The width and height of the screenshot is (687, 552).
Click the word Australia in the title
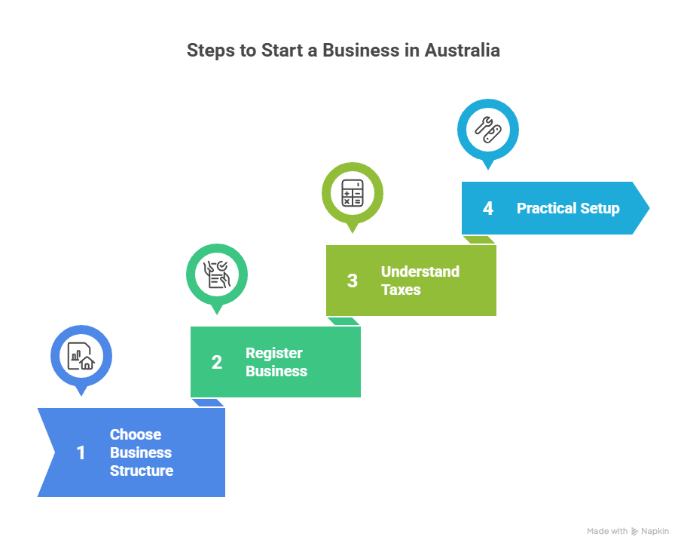pyautogui.click(x=462, y=51)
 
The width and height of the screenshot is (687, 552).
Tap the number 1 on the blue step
pyautogui.click(x=81, y=453)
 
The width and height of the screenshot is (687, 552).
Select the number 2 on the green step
pyautogui.click(x=217, y=363)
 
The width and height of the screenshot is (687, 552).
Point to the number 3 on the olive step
pyautogui.click(x=353, y=281)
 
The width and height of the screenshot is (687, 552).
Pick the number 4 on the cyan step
pyautogui.click(x=488, y=209)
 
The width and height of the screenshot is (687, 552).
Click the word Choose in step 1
pyautogui.click(x=136, y=435)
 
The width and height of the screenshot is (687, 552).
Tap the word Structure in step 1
pyautogui.click(x=142, y=471)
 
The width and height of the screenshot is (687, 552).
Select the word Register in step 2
pyautogui.click(x=274, y=354)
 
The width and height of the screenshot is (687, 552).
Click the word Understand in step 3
pyautogui.click(x=420, y=272)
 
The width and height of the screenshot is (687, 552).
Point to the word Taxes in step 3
pyautogui.click(x=401, y=290)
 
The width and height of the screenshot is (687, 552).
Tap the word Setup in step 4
pyautogui.click(x=600, y=209)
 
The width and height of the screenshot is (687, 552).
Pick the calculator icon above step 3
pyautogui.click(x=353, y=192)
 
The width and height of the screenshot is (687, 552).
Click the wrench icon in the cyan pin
pyautogui.click(x=488, y=129)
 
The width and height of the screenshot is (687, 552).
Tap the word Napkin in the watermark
pyautogui.click(x=655, y=532)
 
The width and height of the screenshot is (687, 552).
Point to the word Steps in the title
pyautogui.click(x=209, y=51)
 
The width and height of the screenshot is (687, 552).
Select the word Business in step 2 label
pyautogui.click(x=276, y=372)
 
